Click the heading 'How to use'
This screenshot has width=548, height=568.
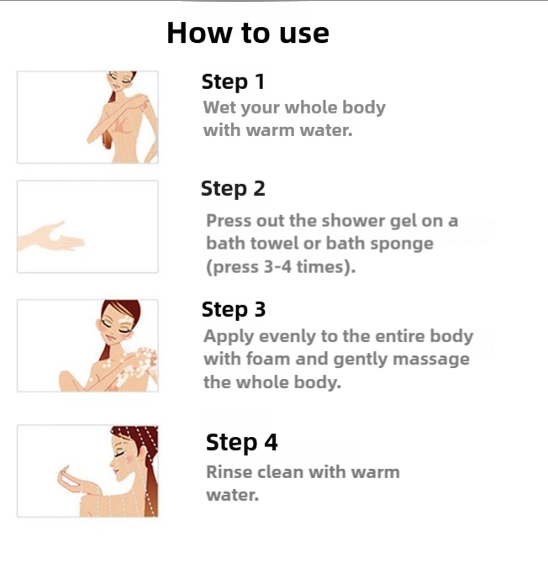point(248,33)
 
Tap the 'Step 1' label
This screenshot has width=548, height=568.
point(233,82)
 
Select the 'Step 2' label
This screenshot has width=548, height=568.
point(233,189)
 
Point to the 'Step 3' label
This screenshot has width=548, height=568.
point(234,310)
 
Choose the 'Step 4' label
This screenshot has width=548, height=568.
point(242,443)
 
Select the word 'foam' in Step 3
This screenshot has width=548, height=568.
point(268,359)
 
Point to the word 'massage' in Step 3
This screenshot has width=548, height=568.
point(431,360)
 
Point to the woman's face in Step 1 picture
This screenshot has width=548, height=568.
point(121,82)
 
